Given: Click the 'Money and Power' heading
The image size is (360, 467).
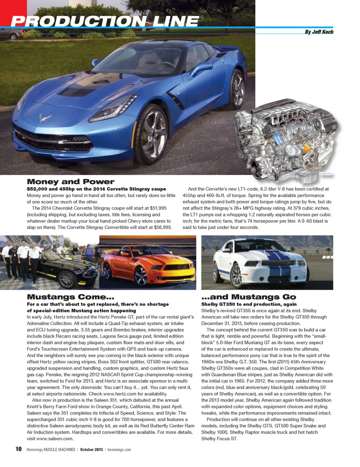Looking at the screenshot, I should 70,182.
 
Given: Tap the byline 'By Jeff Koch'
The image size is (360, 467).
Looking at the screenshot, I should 319,32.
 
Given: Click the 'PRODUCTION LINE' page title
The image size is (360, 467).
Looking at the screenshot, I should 105,21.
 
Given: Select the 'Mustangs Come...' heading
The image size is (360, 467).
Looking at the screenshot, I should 70,297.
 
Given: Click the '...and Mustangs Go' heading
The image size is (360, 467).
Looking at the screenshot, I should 249,297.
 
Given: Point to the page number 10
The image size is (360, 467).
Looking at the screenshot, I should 18,449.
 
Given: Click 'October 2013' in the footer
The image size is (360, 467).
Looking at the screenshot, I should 91,449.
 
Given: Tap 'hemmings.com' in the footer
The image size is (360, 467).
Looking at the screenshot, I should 119,449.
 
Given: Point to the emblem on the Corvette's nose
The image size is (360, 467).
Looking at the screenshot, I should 45,118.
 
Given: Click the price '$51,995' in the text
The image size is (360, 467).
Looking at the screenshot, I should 158,208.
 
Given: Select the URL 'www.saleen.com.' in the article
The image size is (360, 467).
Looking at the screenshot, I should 55,438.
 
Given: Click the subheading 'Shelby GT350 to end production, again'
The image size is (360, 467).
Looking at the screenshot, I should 249,304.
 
